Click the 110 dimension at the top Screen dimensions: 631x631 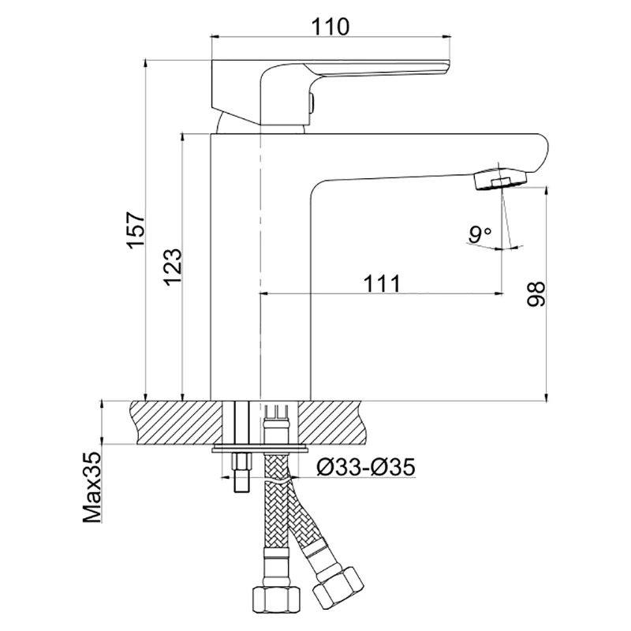330,27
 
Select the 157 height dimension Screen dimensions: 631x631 135,230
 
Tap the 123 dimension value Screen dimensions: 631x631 173,267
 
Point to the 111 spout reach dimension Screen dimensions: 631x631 382,284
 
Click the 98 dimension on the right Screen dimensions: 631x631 536,294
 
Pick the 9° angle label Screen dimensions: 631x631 480,234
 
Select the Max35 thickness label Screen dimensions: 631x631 91,487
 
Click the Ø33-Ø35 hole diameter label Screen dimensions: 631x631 366,467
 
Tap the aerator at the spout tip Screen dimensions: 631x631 500,180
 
